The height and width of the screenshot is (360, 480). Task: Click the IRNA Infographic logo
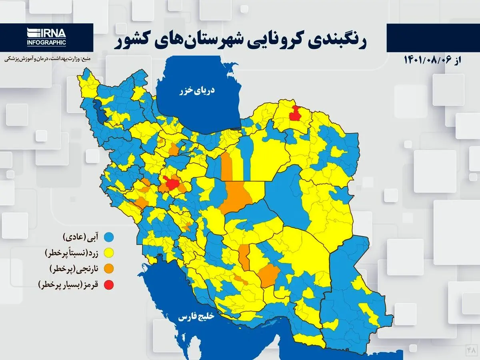(x=46, y=37)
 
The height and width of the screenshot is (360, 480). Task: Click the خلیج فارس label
(x=196, y=317)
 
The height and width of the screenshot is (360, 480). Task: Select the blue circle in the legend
(x=108, y=237)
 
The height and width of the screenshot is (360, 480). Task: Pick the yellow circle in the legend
(x=108, y=253)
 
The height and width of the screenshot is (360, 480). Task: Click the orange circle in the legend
(x=108, y=269)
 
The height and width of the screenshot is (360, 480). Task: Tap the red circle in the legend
(x=108, y=285)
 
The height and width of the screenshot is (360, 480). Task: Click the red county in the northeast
(x=295, y=114)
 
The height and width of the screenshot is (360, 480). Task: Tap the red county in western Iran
(x=172, y=184)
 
